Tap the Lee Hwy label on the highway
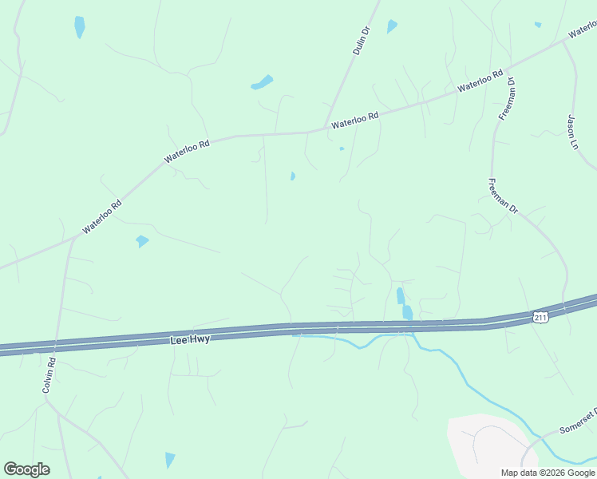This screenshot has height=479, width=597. click(190, 339)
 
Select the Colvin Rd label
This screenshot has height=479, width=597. click(49, 377)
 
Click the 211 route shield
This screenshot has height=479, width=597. click(541, 318)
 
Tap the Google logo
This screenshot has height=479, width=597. click(26, 469)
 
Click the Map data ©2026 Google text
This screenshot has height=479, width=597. click(546, 473)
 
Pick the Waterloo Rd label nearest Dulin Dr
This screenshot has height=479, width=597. click(354, 121)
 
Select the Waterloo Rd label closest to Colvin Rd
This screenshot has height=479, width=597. click(101, 216)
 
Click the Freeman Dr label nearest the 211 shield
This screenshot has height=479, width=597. click(503, 196)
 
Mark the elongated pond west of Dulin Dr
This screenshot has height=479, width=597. click(262, 82)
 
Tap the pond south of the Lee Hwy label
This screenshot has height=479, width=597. click(169, 459)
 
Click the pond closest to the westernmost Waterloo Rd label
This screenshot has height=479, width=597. click(142, 240)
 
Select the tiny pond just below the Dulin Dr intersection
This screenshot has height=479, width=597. click(342, 148)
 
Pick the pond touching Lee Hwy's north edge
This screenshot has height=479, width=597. click(407, 311)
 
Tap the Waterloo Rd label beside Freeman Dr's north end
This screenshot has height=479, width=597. click(480, 81)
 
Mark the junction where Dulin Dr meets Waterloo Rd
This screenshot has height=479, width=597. click(326, 129)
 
